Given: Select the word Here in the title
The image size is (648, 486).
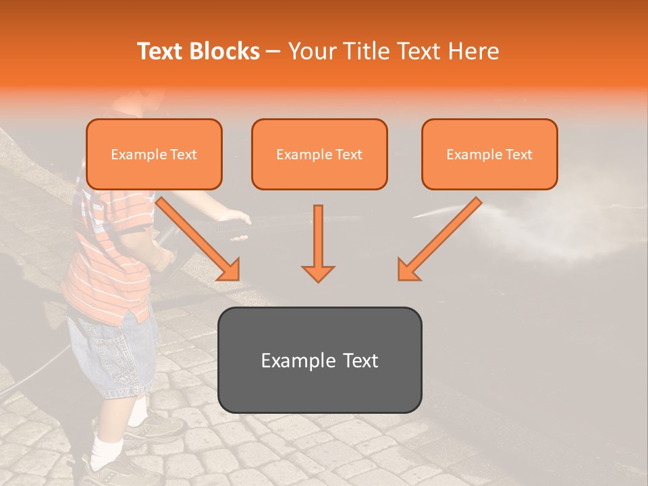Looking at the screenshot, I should point(473,51).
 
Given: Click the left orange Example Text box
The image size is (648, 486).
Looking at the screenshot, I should point(154,154).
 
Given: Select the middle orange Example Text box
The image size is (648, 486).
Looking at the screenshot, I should point(319,154).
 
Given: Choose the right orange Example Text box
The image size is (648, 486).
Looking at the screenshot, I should point(489,154).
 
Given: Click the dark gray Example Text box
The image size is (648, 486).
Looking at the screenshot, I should point(319,360).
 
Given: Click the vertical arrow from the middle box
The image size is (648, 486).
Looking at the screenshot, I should point(318,236).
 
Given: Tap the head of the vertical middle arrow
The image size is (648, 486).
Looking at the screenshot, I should point(318,273).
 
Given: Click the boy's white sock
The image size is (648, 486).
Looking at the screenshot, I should point(107,450).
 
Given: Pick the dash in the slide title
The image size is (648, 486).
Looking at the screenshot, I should point(273,51).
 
